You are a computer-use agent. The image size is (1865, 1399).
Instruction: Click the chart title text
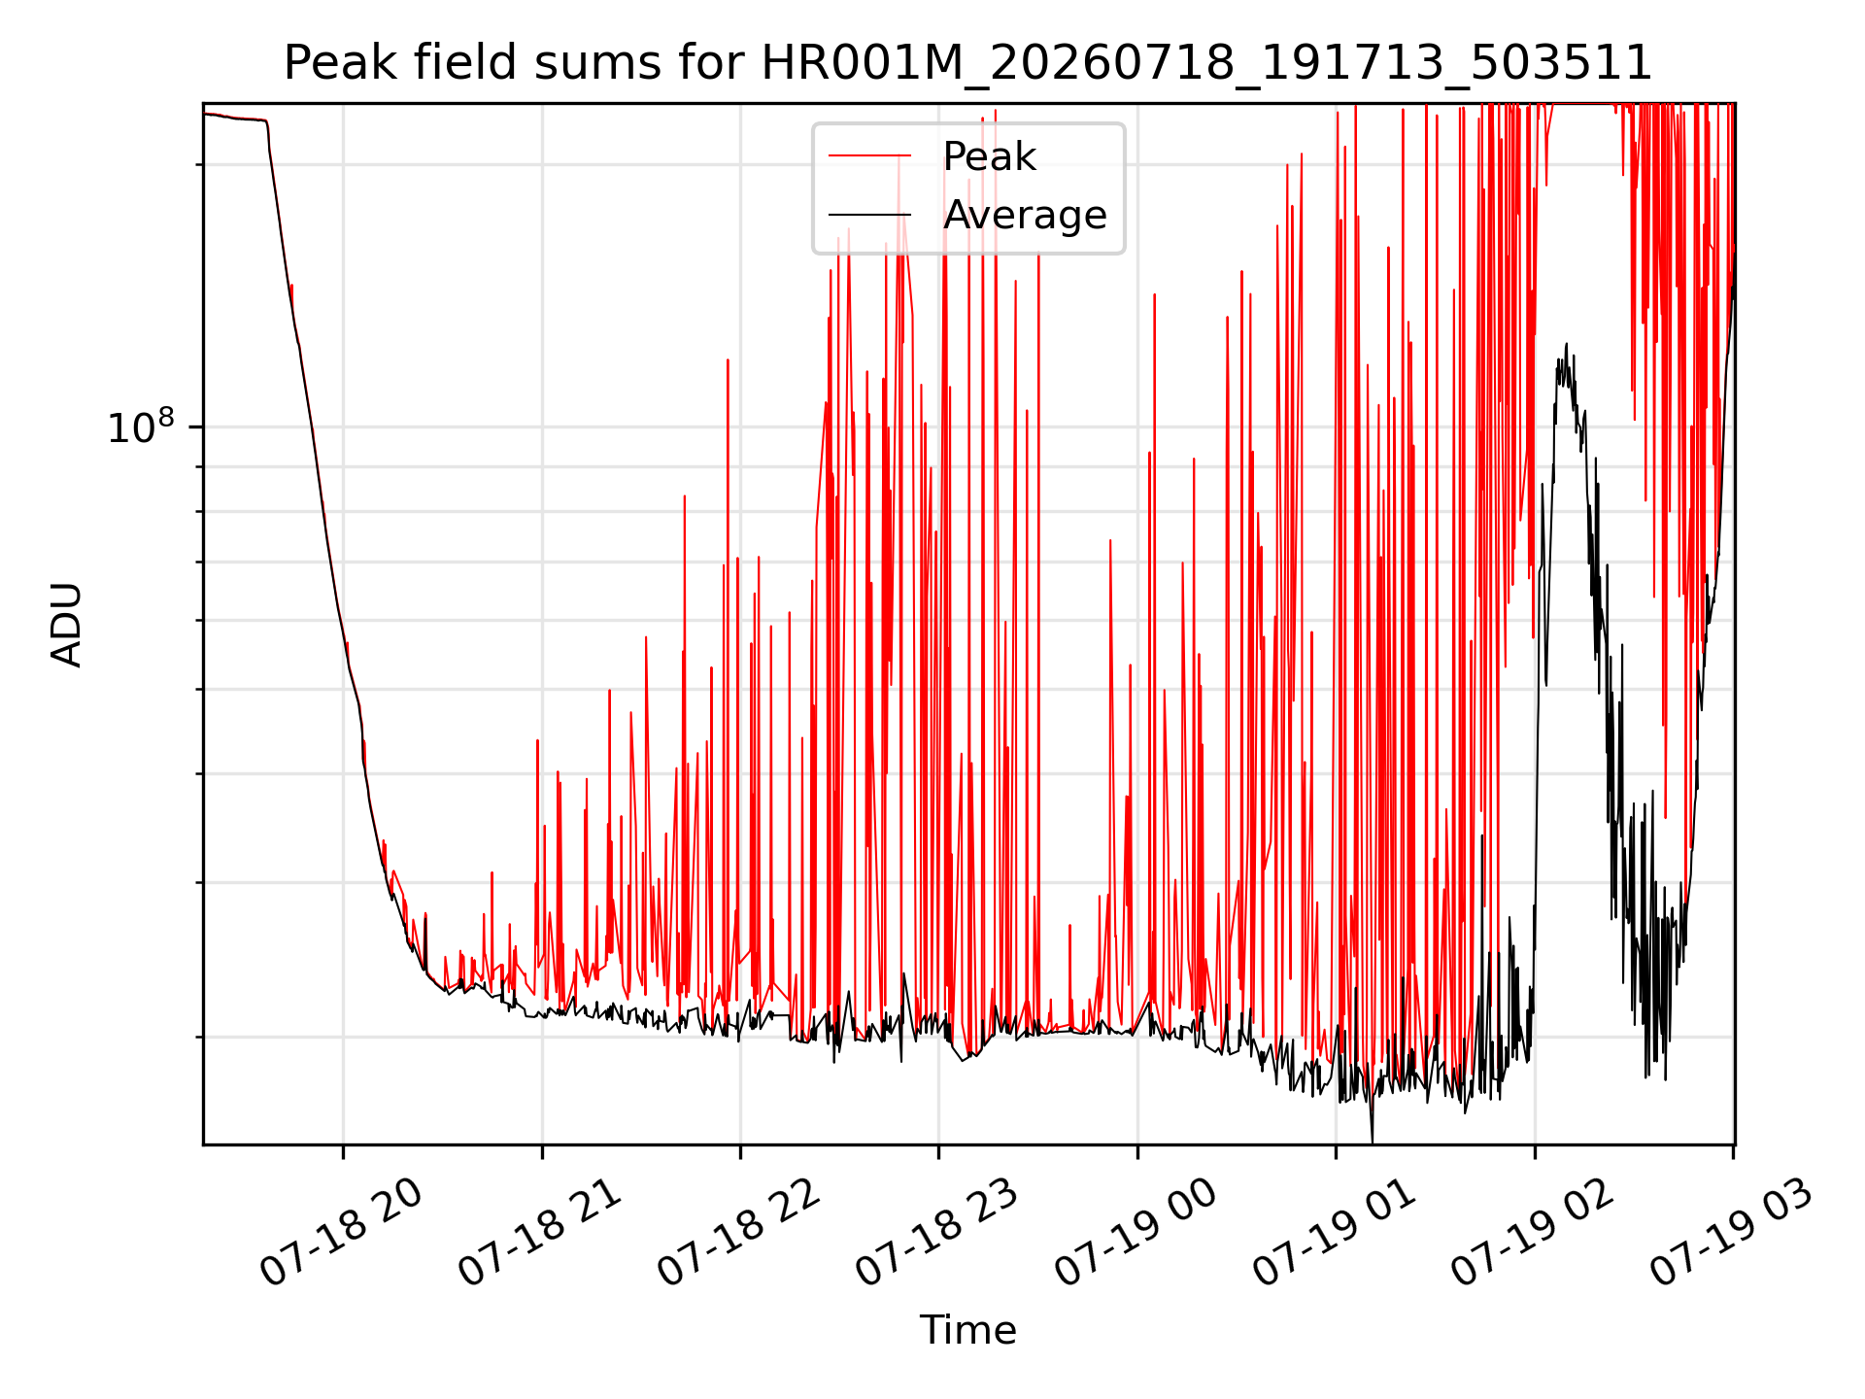pyautogui.click(x=967, y=63)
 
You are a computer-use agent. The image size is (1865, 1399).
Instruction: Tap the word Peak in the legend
pyautogui.click(x=989, y=156)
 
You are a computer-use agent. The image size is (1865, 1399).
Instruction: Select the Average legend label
pyautogui.click(x=1025, y=215)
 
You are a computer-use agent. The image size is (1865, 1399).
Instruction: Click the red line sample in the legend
pyautogui.click(x=869, y=155)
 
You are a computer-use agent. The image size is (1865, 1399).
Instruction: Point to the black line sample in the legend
pyautogui.click(x=869, y=215)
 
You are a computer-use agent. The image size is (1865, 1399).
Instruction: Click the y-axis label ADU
pyautogui.click(x=67, y=625)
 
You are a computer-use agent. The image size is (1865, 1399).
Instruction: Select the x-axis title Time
pyautogui.click(x=967, y=1330)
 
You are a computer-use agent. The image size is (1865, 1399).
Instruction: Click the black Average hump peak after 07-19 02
pyautogui.click(x=1566, y=344)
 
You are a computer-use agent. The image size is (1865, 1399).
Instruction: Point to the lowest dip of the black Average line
pyautogui.click(x=1372, y=1142)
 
